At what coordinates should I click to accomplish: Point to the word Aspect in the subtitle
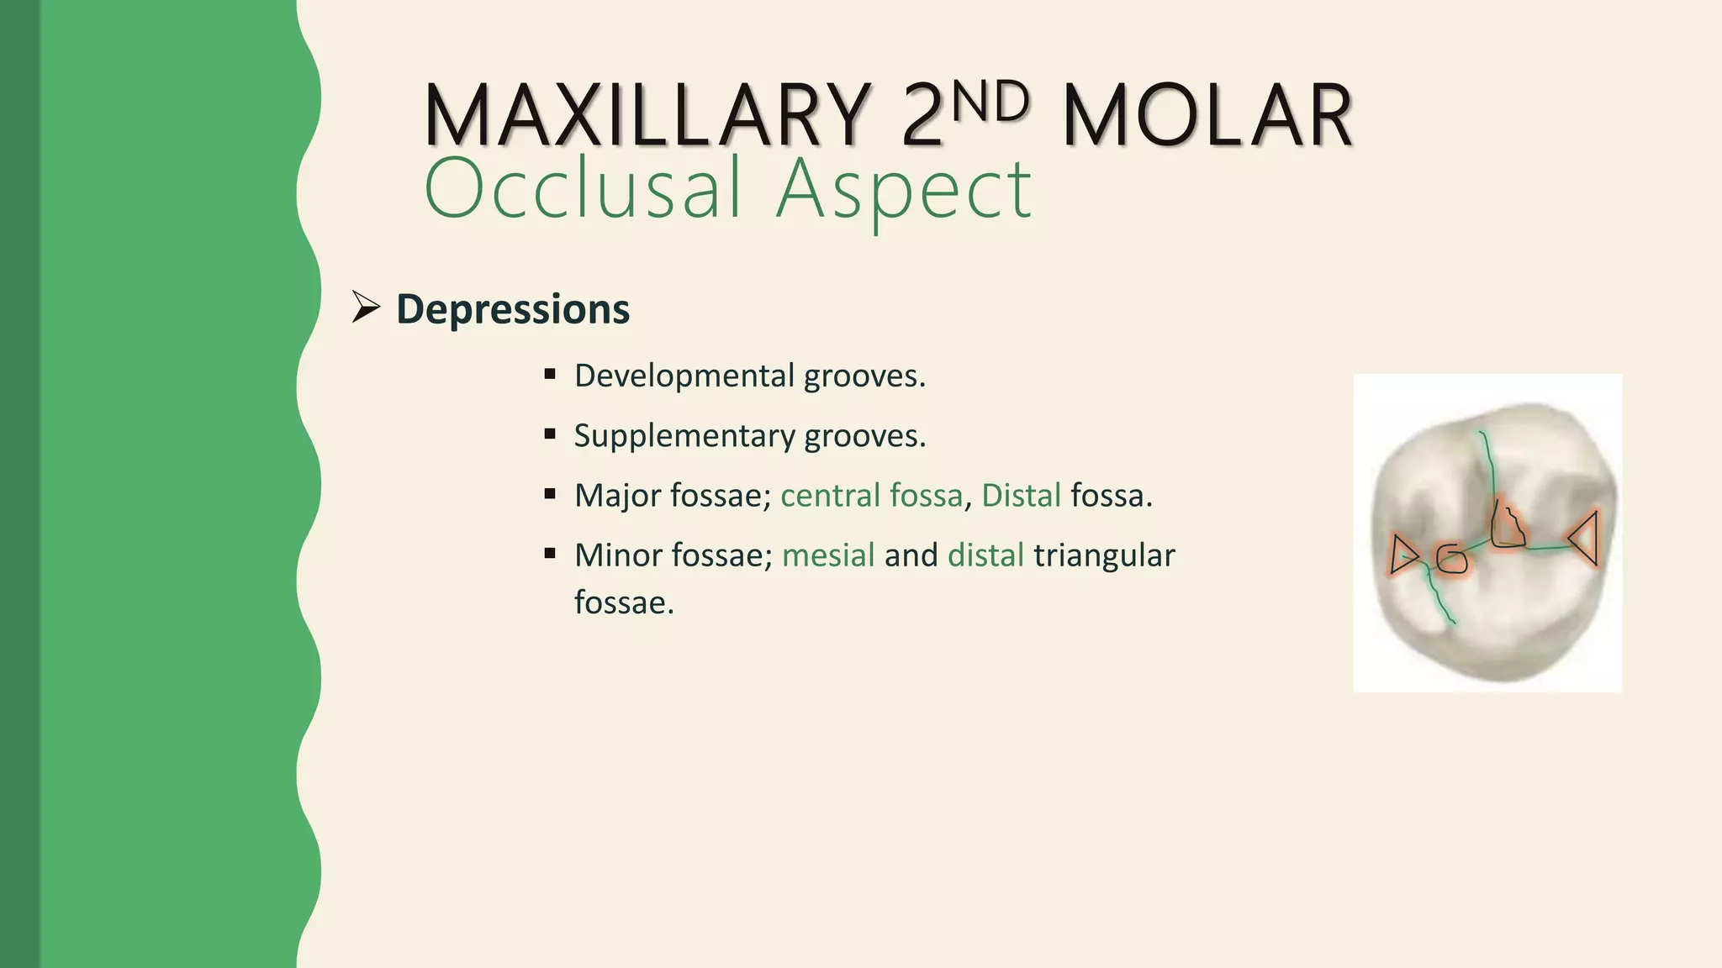[903, 190]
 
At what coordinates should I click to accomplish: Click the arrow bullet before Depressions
[366, 307]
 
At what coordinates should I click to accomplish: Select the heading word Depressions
[513, 308]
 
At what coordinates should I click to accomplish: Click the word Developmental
[684, 376]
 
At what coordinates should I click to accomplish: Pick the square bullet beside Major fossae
[550, 494]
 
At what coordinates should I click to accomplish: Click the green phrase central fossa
[871, 496]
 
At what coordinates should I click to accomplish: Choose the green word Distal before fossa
[1021, 496]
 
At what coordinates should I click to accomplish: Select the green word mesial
[828, 555]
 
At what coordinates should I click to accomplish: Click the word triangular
[1104, 555]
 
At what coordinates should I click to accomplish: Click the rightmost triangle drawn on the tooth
[1584, 538]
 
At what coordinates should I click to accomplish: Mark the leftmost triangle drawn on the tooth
[1402, 555]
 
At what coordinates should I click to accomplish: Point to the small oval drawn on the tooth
[1451, 559]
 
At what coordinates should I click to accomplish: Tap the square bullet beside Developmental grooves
[550, 374]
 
